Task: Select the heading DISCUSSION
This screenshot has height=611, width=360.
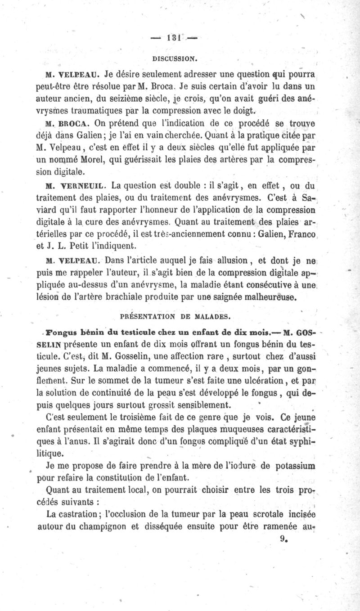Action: [x=175, y=59]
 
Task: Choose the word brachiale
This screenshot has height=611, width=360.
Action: [x=137, y=297]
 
